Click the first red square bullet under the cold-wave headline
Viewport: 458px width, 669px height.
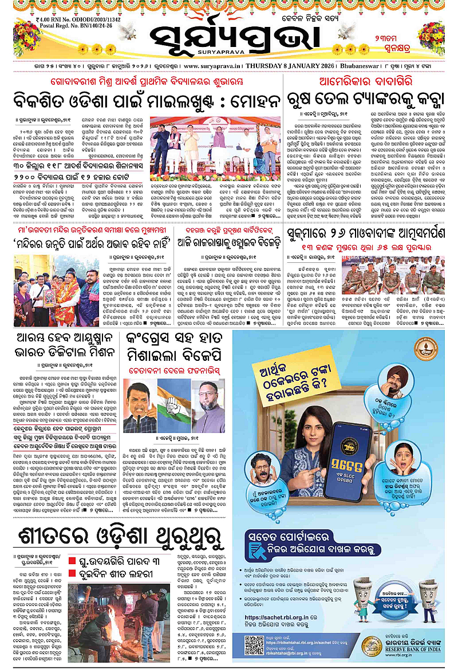(72, 561)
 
